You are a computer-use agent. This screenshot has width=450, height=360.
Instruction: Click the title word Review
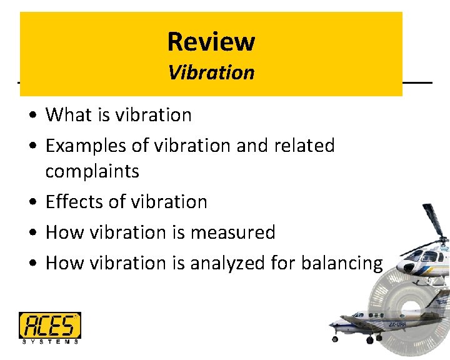click(x=211, y=42)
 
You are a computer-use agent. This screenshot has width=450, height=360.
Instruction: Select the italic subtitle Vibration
click(x=211, y=72)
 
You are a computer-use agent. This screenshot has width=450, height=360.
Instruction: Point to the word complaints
click(x=92, y=171)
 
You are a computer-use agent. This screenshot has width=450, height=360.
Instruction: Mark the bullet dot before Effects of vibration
click(x=31, y=202)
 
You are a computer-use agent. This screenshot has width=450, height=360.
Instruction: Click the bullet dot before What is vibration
click(x=31, y=116)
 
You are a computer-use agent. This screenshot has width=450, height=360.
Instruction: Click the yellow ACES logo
click(x=49, y=325)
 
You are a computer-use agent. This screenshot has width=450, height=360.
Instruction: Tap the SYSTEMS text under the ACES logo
click(x=49, y=341)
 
